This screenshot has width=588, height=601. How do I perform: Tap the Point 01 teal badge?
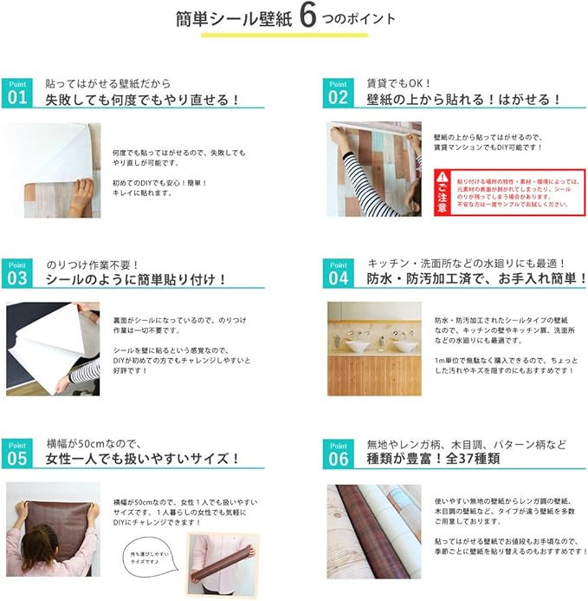[x=17, y=93]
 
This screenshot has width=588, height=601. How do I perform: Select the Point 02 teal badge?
[x=338, y=93]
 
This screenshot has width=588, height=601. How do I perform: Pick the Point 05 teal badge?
[x=17, y=454]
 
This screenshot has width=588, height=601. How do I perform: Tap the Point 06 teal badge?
[x=338, y=454]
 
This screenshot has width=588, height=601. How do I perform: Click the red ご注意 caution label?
[x=442, y=193]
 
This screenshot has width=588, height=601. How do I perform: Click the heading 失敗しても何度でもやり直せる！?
[x=143, y=100]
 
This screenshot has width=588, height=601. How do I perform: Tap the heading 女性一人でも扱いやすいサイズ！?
[x=143, y=460]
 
